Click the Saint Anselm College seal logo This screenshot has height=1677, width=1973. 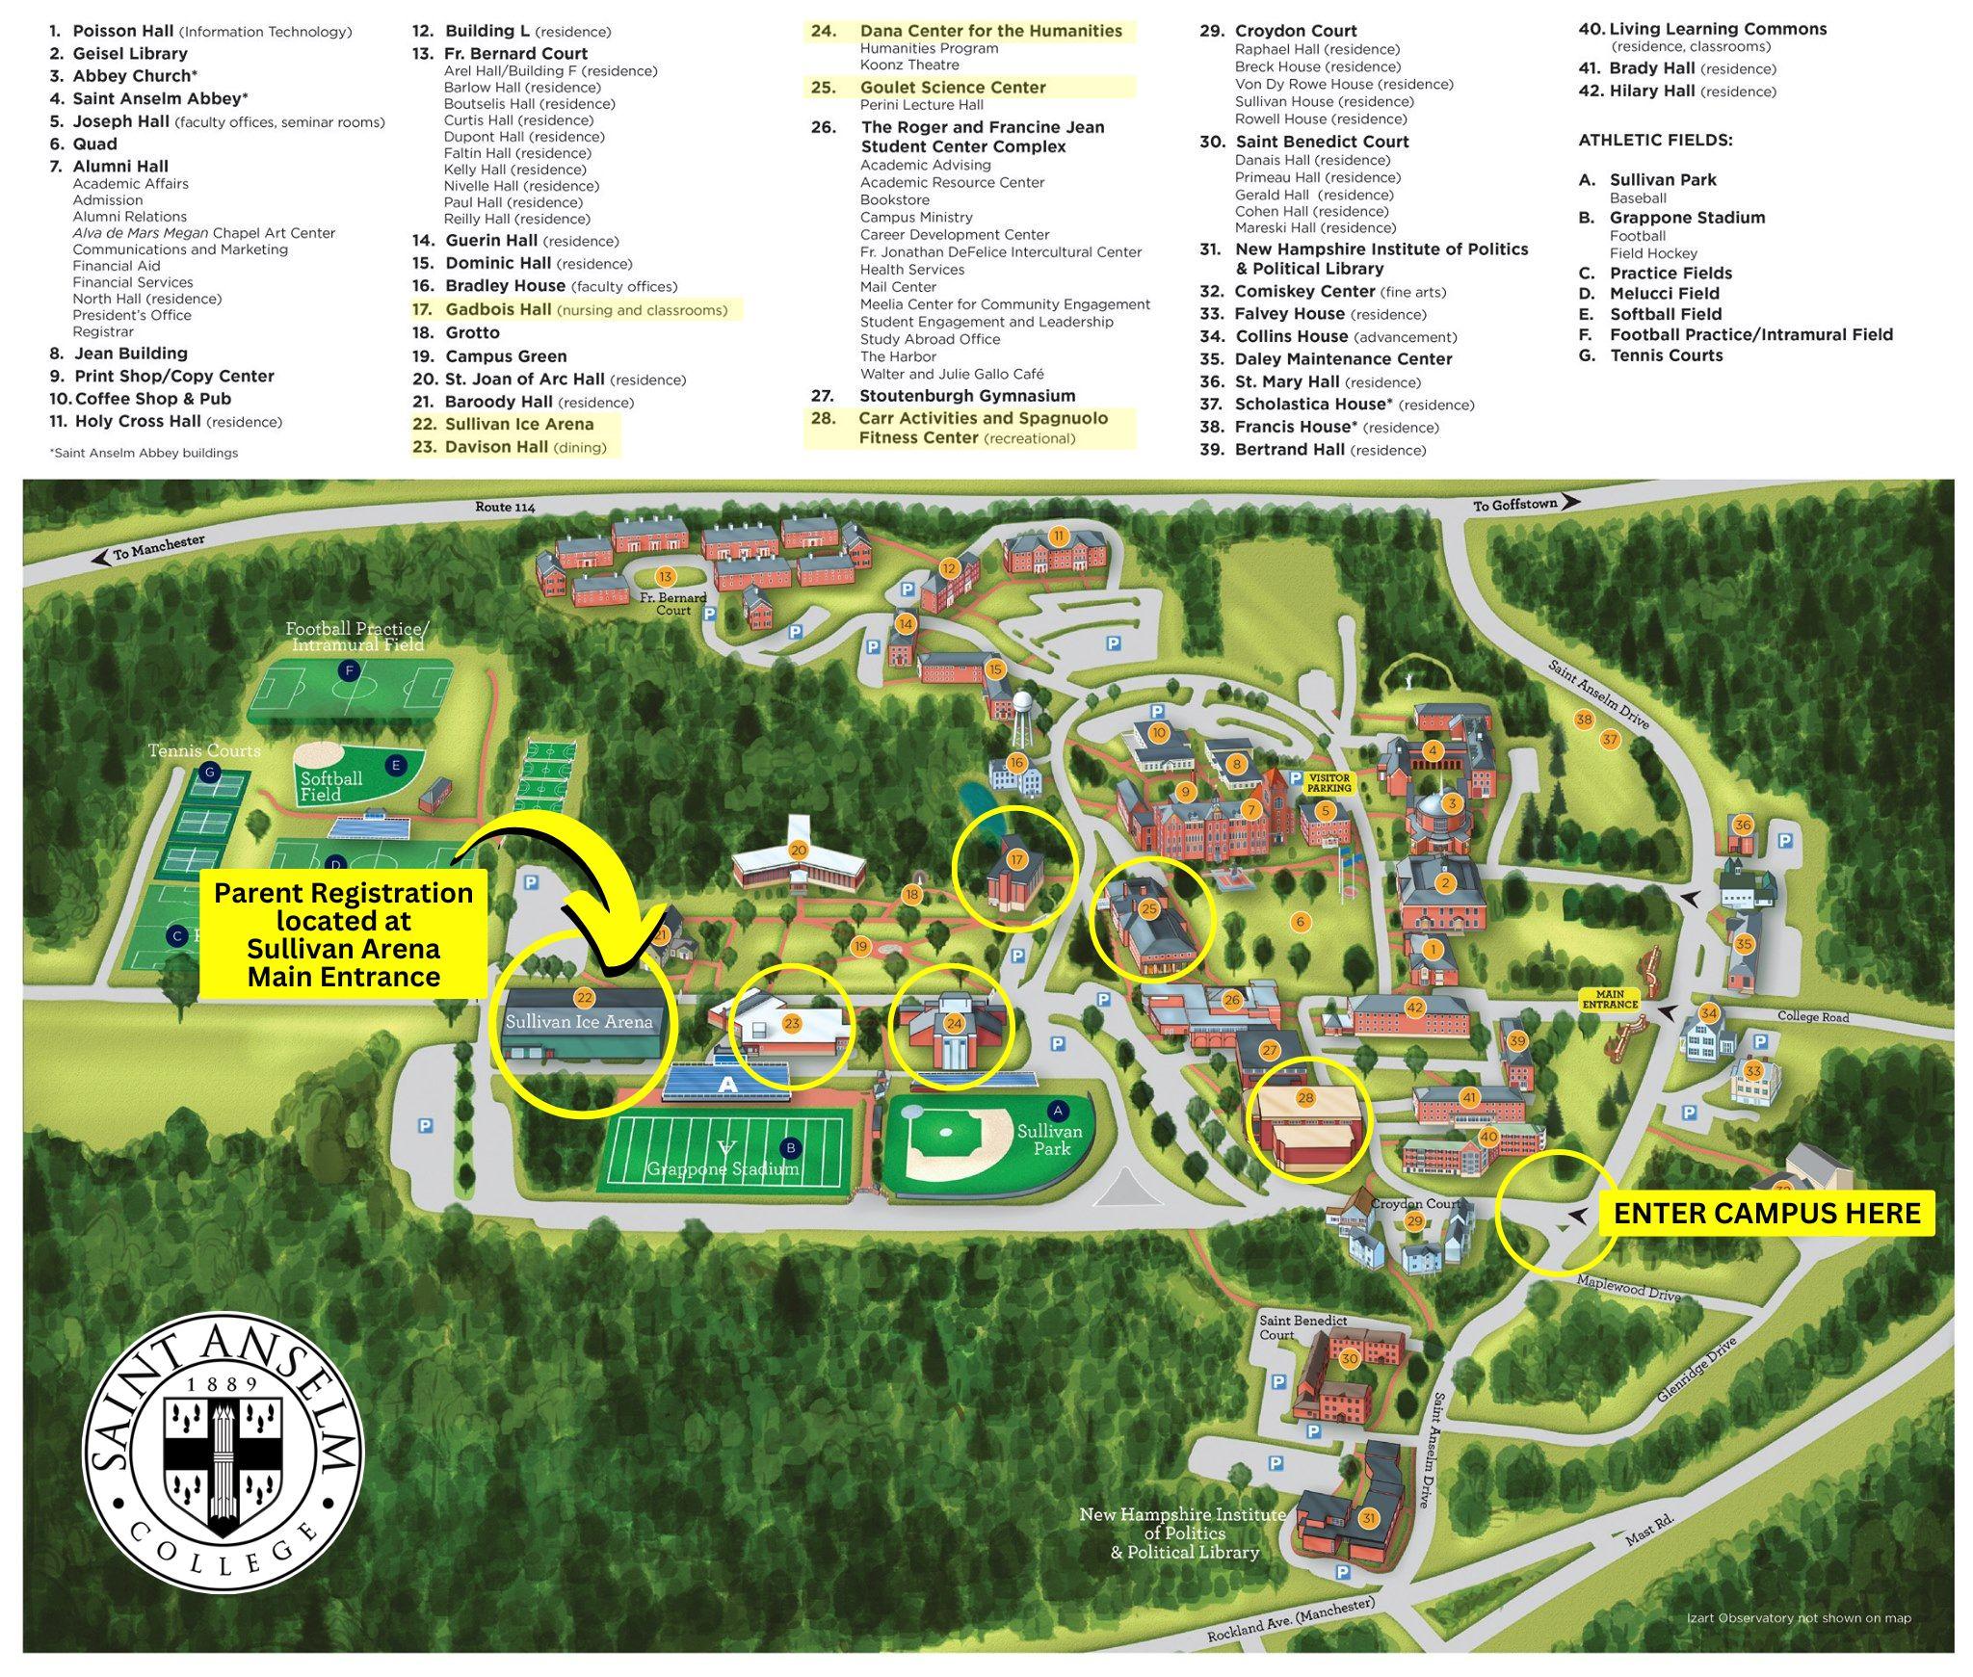(223, 1452)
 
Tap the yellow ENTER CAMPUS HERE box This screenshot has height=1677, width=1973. (1766, 1213)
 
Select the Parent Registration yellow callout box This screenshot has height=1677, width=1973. (343, 934)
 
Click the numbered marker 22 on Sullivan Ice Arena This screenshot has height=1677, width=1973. (583, 999)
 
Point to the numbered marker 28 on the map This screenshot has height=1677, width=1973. (1305, 1097)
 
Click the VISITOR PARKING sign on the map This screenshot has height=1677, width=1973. (1328, 782)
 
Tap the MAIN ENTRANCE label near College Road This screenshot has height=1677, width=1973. (1610, 999)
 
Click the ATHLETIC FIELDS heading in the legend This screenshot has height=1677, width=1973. (1655, 141)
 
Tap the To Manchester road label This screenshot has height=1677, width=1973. (160, 548)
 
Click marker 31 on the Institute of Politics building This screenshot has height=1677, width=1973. (1368, 1519)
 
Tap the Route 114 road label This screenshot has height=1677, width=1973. (505, 507)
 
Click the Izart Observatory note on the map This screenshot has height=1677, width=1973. (1799, 1618)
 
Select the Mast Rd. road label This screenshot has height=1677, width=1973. (1650, 1530)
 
